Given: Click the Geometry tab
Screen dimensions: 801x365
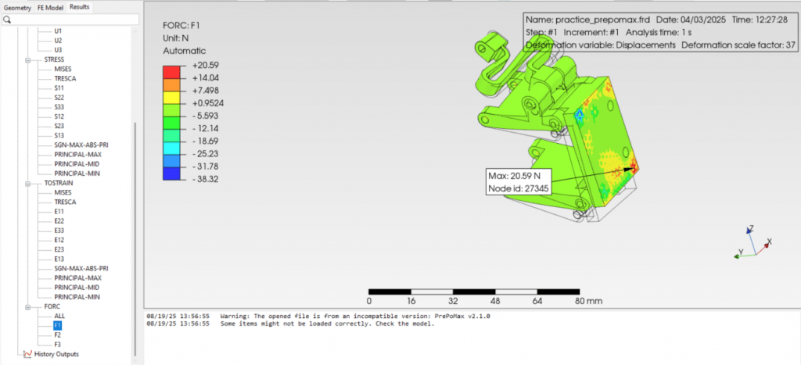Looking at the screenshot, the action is click(x=17, y=8).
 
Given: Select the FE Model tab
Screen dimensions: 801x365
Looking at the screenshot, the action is click(x=51, y=8).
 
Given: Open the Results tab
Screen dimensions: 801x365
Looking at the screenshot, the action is click(x=79, y=7).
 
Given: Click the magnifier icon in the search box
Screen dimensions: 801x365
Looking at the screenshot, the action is click(x=7, y=20).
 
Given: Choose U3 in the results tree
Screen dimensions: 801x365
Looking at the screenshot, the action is click(x=58, y=50).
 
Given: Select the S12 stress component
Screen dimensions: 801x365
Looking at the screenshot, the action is click(x=59, y=116).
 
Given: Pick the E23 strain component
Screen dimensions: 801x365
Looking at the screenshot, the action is click(x=59, y=249).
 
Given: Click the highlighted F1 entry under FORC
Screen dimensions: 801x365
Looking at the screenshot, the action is click(x=57, y=325).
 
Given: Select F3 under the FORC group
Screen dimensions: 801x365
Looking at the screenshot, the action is click(x=58, y=345).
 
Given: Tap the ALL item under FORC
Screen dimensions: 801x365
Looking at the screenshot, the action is click(x=59, y=316).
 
